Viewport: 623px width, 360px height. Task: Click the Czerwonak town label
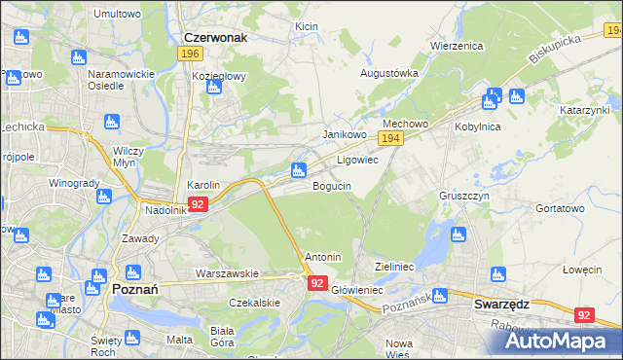tap(216, 37)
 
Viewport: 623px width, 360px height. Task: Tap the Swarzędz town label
tap(501, 304)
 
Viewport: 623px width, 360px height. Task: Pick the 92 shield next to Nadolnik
tap(198, 204)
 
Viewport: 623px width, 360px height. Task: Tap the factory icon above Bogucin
tap(299, 172)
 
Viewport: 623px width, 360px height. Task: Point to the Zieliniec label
tap(396, 265)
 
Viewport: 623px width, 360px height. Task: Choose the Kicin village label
tap(307, 25)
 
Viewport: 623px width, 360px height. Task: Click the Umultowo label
tap(117, 15)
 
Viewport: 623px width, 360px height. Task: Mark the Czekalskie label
tap(254, 303)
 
